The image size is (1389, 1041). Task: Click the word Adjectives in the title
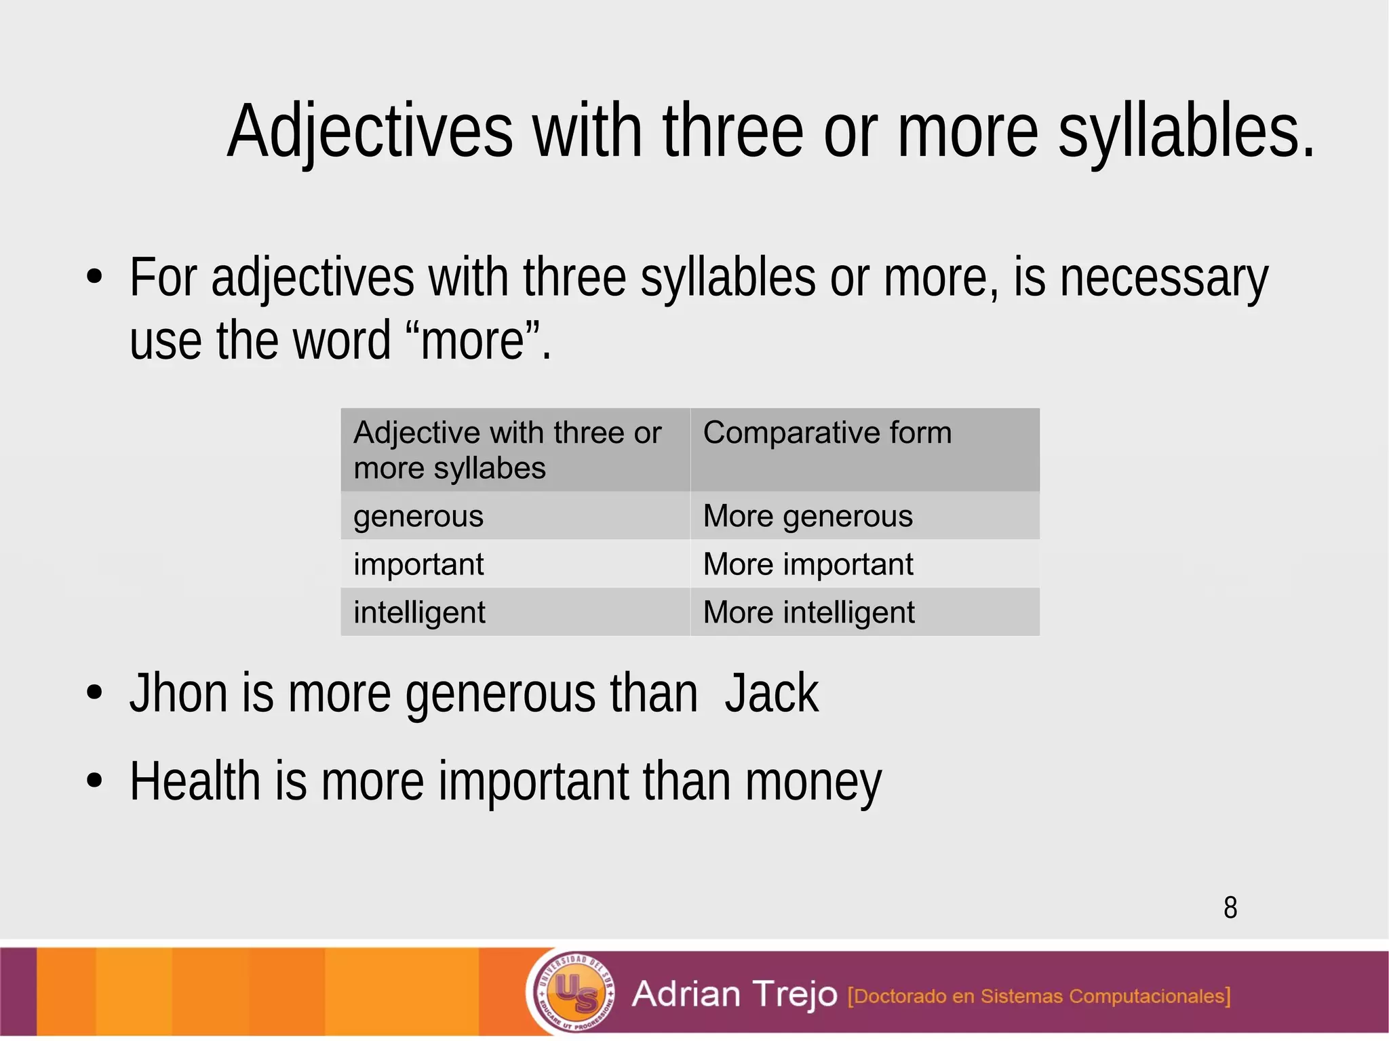(370, 132)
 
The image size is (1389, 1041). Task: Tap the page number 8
(1230, 908)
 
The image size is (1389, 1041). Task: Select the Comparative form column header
(827, 433)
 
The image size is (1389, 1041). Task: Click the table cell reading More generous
(808, 516)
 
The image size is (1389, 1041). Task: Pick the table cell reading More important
(808, 564)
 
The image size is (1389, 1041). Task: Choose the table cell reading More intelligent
(808, 612)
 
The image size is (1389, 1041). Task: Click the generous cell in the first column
(418, 516)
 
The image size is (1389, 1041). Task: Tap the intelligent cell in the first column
(419, 612)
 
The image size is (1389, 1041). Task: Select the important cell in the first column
(418, 564)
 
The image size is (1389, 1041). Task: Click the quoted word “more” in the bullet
(473, 340)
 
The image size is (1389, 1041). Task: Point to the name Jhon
(178, 693)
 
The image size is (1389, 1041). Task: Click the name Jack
(771, 693)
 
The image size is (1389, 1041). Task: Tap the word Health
(195, 781)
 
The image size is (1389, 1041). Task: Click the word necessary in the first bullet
(1163, 278)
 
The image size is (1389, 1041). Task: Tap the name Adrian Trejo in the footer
(735, 994)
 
